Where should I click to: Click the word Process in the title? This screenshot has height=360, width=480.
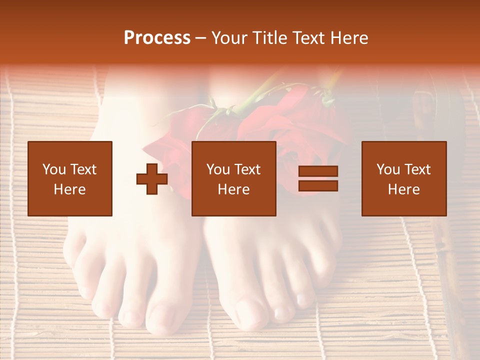[157, 38]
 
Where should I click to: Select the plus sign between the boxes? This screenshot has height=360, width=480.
[152, 179]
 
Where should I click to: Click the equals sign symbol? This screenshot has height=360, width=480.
[318, 178]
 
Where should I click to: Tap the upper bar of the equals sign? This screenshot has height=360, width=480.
[318, 171]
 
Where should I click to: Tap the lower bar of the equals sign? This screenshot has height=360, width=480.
[318, 185]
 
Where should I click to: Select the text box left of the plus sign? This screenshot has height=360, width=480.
[70, 178]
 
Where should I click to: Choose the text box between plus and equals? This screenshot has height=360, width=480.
[234, 178]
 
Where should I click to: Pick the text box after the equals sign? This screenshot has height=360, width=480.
[404, 178]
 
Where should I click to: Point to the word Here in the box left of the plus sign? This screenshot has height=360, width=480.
[70, 189]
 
